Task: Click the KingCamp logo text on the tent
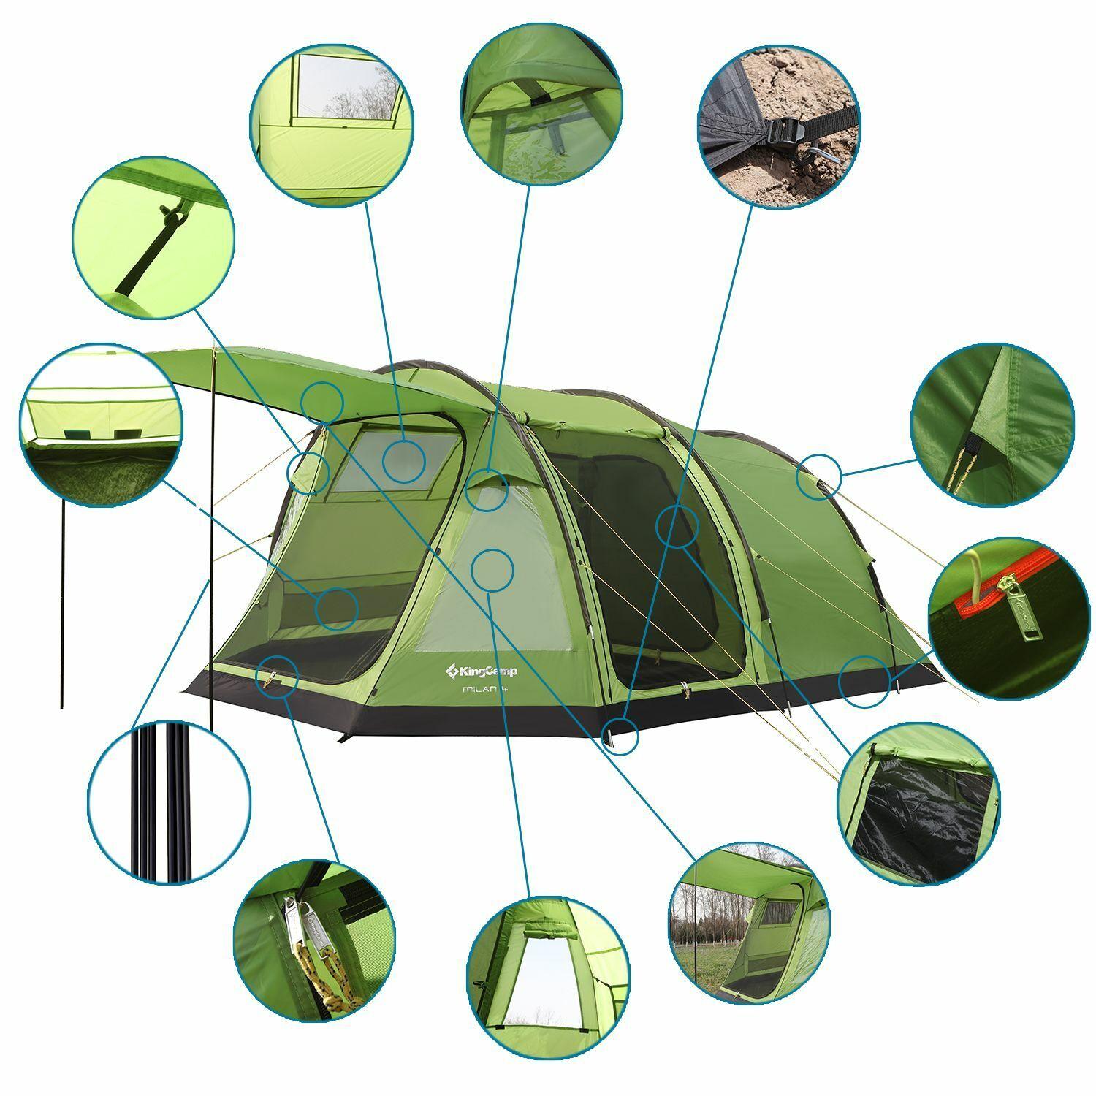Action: (481, 670)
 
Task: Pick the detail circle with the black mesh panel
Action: (918, 803)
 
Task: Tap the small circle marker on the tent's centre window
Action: (492, 570)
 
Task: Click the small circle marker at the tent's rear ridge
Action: (818, 476)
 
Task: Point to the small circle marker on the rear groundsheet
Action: (864, 682)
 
